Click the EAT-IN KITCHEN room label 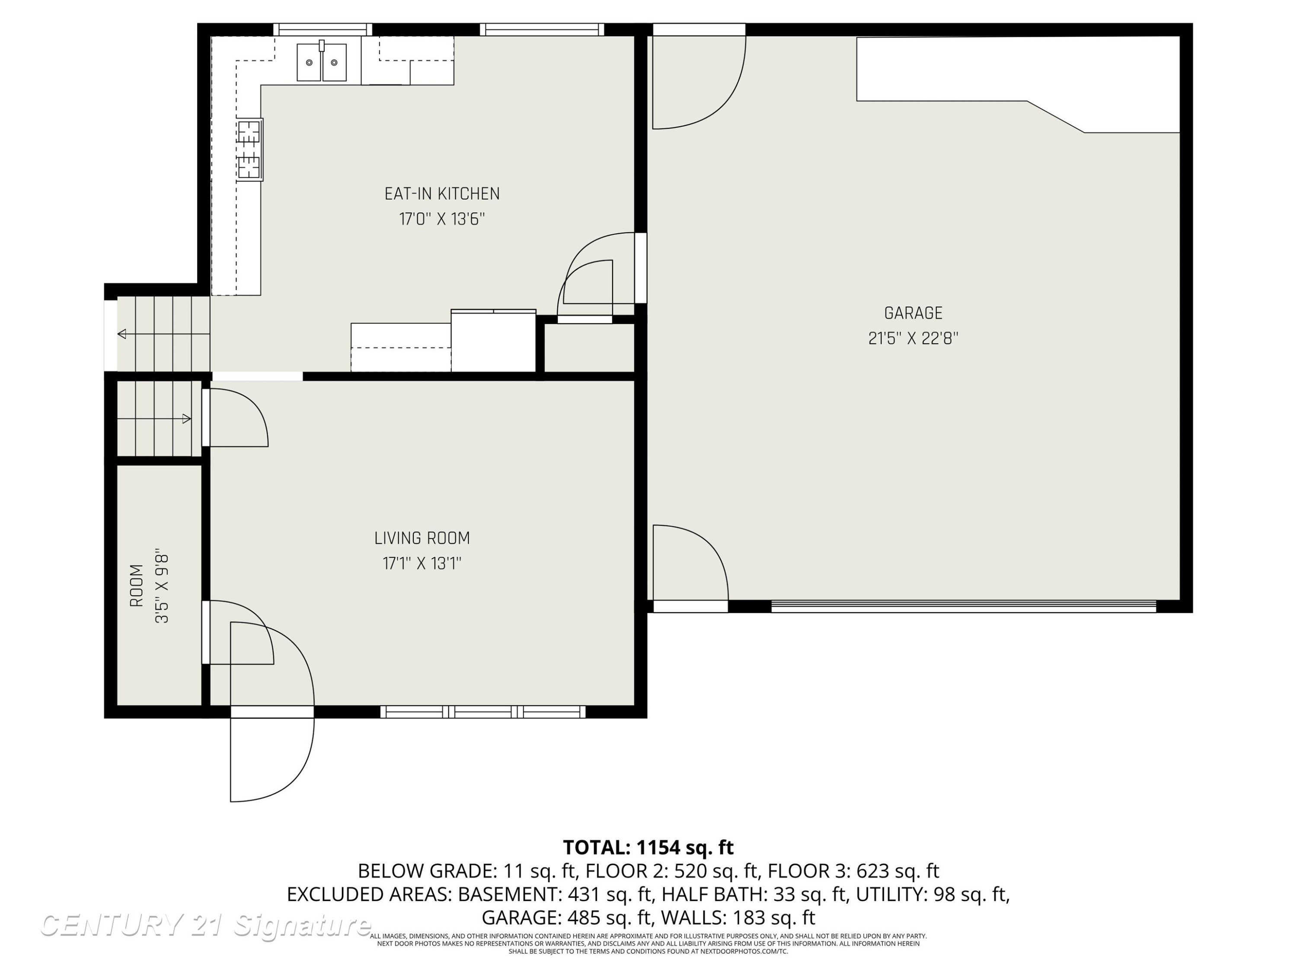[442, 194]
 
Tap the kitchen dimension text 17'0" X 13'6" [442, 219]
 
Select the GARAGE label [913, 313]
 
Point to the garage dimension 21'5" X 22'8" [913, 339]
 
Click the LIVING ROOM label [422, 538]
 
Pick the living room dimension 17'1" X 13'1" [422, 563]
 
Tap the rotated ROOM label [136, 586]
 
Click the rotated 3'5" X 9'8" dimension [162, 586]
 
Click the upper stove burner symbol [249, 132]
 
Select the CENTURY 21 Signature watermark [205, 925]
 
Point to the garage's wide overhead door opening [963, 606]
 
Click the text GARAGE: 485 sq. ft [565, 917]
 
